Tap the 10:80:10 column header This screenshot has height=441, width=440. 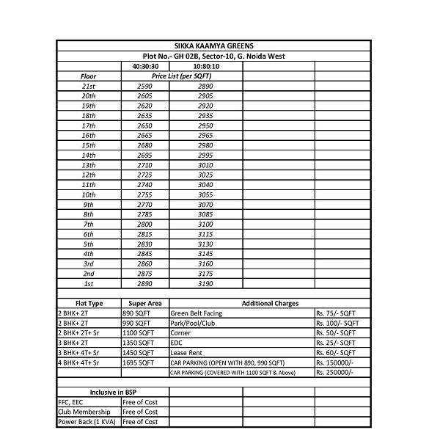tap(205, 66)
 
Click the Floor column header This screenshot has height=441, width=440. tap(89, 76)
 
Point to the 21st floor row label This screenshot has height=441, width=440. tap(89, 87)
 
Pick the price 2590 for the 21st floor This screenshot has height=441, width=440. tap(144, 87)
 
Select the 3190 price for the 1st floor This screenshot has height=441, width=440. tap(205, 283)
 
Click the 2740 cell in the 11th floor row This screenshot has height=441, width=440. tap(144, 184)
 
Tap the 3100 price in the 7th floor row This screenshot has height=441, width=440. tap(205, 224)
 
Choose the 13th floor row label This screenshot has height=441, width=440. tap(89, 165)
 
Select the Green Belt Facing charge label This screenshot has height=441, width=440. tap(196, 313)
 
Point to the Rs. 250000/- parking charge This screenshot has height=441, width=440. tap(334, 373)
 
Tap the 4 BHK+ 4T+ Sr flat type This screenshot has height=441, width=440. tap(78, 362)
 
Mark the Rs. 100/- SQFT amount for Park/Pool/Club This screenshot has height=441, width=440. tap(337, 323)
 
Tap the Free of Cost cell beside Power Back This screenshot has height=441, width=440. tap(140, 422)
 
